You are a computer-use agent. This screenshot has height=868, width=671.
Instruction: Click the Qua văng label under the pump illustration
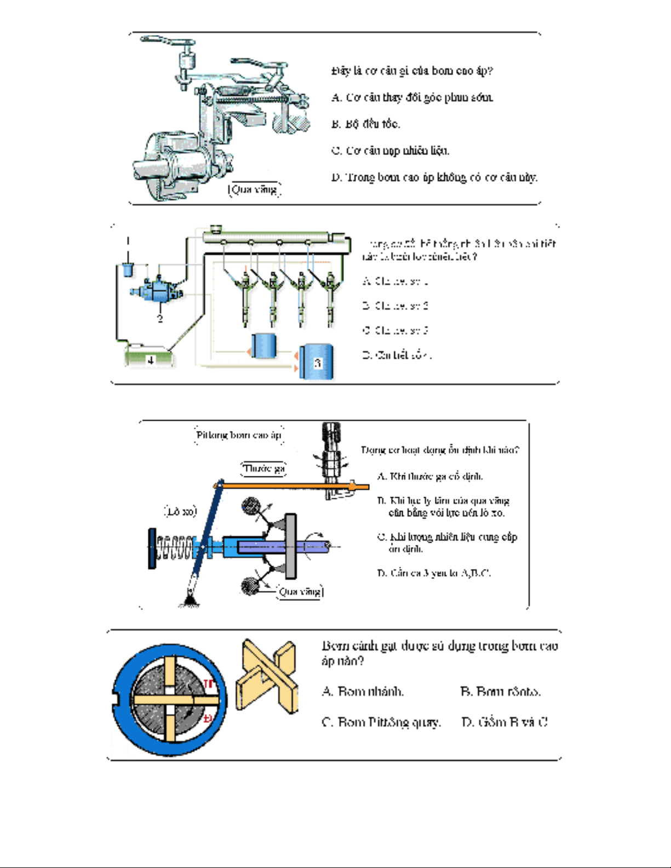pyautogui.click(x=254, y=189)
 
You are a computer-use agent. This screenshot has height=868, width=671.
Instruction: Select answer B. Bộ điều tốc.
pyautogui.click(x=365, y=124)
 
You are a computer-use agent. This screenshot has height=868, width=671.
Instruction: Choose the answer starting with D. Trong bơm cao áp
pyautogui.click(x=434, y=177)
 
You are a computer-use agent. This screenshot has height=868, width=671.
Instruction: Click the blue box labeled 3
pyautogui.click(x=317, y=362)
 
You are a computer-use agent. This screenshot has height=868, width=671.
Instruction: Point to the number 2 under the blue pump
pyautogui.click(x=160, y=318)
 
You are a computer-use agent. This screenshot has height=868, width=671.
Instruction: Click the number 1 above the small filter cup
pyautogui.click(x=128, y=240)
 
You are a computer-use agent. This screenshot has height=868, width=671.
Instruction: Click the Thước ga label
pyautogui.click(x=263, y=469)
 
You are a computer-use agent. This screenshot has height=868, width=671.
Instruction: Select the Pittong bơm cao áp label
pyautogui.click(x=239, y=435)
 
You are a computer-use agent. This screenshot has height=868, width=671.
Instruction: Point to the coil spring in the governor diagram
pyautogui.click(x=174, y=548)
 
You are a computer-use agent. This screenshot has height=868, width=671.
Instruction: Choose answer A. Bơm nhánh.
pyautogui.click(x=363, y=691)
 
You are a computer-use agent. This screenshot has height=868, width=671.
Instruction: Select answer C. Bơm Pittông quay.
pyautogui.click(x=381, y=722)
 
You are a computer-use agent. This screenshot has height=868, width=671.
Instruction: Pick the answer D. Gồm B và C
pyautogui.click(x=504, y=722)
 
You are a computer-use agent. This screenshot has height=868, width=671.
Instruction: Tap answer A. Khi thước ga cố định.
pyautogui.click(x=430, y=476)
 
